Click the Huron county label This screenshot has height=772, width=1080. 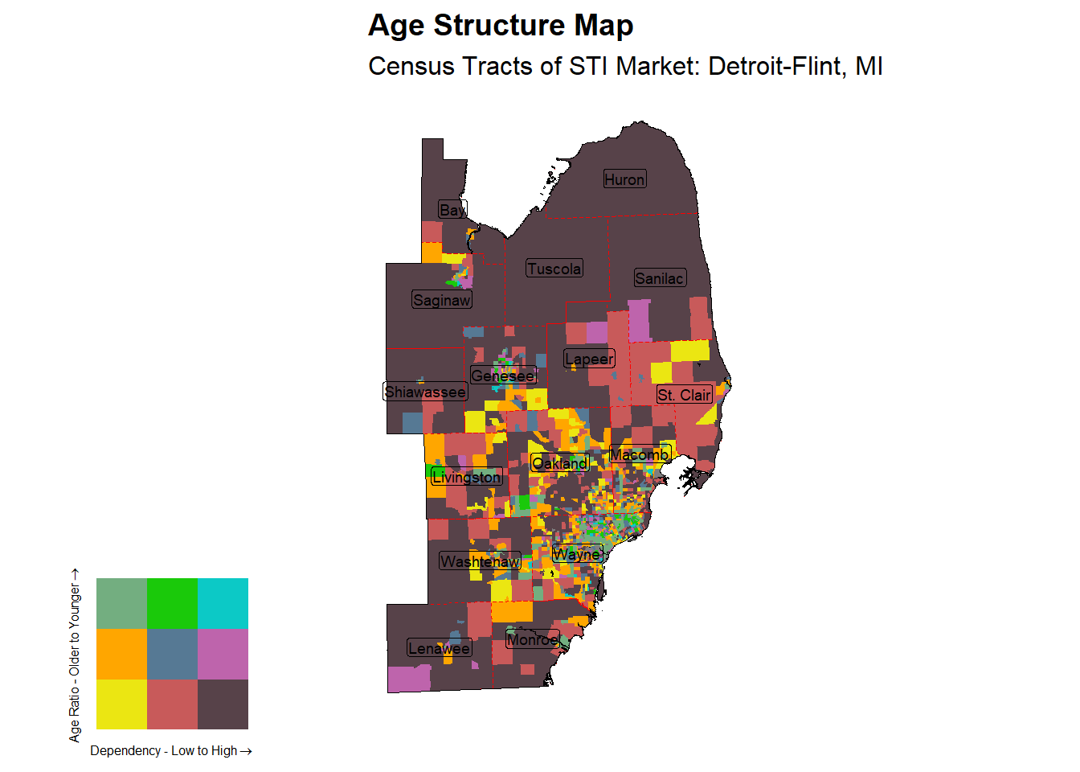click(624, 179)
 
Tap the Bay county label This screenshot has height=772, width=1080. click(452, 210)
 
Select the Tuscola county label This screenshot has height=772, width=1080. click(554, 269)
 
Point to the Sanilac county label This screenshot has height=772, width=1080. click(660, 278)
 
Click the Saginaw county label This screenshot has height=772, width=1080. click(441, 300)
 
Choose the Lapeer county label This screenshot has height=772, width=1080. click(589, 359)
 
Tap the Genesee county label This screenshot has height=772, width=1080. click(503, 376)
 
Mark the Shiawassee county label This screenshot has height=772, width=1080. click(425, 392)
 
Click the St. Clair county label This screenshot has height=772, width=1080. click(684, 395)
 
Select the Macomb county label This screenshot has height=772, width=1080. click(640, 454)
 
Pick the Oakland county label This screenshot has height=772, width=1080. click(560, 463)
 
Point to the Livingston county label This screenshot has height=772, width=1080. click(466, 477)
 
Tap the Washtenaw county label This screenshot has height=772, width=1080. click(480, 561)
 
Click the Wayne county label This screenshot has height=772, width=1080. click(577, 554)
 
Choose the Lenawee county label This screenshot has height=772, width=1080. click(439, 648)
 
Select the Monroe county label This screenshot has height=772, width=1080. click(532, 639)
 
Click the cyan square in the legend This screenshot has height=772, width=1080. click(223, 603)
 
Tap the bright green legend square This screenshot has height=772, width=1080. click(172, 603)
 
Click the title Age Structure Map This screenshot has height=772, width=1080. click(501, 26)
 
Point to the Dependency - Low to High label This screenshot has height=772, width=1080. click(170, 751)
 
